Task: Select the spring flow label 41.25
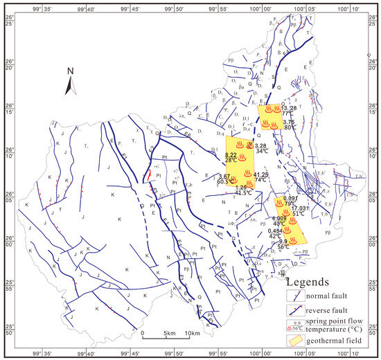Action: tap(260, 174)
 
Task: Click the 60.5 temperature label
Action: tap(224, 181)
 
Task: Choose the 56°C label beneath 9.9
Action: tap(283, 246)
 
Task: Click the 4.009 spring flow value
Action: tap(279, 218)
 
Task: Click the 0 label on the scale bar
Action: tap(142, 334)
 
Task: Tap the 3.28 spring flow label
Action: tap(260, 145)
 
